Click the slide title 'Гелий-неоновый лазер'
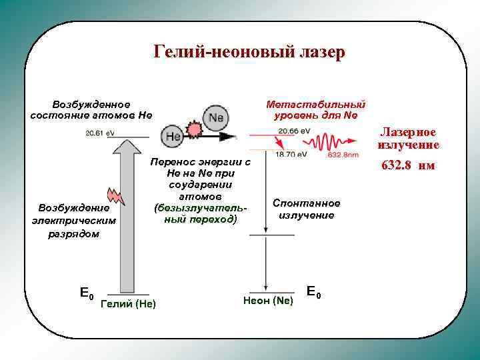(x=249, y=52)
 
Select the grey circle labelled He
(x=173, y=136)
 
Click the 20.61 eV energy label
(x=100, y=133)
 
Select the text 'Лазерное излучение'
(x=408, y=139)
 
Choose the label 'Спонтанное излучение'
(x=306, y=209)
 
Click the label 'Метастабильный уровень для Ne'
(x=316, y=110)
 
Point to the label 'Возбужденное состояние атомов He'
(x=91, y=110)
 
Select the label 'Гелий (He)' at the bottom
(x=127, y=304)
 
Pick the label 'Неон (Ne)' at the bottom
(x=268, y=301)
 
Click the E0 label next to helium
(x=87, y=293)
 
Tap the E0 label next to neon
(x=313, y=291)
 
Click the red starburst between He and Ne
(x=195, y=129)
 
